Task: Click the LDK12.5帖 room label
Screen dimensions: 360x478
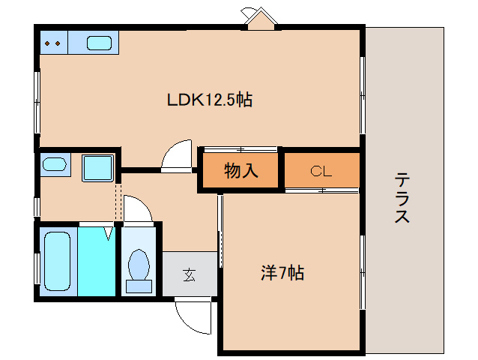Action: [209, 100]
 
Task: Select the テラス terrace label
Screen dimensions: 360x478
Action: [402, 197]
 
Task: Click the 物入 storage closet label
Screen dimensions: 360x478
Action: [240, 171]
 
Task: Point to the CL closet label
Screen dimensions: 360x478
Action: [321, 171]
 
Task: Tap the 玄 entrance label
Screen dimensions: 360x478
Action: [189, 274]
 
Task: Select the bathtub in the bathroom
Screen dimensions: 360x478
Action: [57, 261]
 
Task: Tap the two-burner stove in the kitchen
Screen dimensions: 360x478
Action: [53, 43]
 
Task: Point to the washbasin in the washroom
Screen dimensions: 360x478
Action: [54, 164]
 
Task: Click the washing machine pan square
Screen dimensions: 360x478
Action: [97, 166]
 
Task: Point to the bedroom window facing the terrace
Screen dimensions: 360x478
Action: [363, 270]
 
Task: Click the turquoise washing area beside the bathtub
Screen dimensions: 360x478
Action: [96, 262]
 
